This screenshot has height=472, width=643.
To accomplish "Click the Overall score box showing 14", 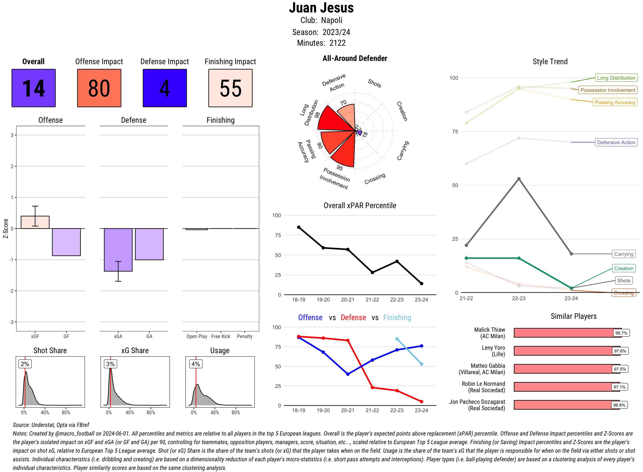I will pyautogui.click(x=33, y=88).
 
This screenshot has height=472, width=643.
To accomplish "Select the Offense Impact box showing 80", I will pyautogui.click(x=99, y=88).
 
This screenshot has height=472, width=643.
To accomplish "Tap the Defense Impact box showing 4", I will pyautogui.click(x=165, y=88).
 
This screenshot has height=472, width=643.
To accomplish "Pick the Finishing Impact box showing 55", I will pyautogui.click(x=230, y=88).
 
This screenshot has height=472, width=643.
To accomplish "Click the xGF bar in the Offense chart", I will pyautogui.click(x=35, y=222).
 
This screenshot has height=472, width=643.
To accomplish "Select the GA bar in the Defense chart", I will pyautogui.click(x=149, y=244).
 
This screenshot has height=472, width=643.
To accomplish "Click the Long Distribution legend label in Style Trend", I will pyautogui.click(x=616, y=78).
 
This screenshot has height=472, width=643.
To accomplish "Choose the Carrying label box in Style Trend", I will pyautogui.click(x=623, y=254).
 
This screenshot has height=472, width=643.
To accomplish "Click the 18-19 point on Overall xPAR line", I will pyautogui.click(x=299, y=227).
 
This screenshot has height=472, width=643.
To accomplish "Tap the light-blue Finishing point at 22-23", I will pyautogui.click(x=397, y=339).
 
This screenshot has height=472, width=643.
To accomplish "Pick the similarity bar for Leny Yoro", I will pyautogui.click(x=565, y=351).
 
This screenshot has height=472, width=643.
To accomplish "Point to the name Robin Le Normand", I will pyautogui.click(x=483, y=384).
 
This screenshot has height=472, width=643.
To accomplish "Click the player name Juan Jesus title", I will pyautogui.click(x=321, y=8).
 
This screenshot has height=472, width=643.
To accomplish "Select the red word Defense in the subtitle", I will pyautogui.click(x=353, y=318).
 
